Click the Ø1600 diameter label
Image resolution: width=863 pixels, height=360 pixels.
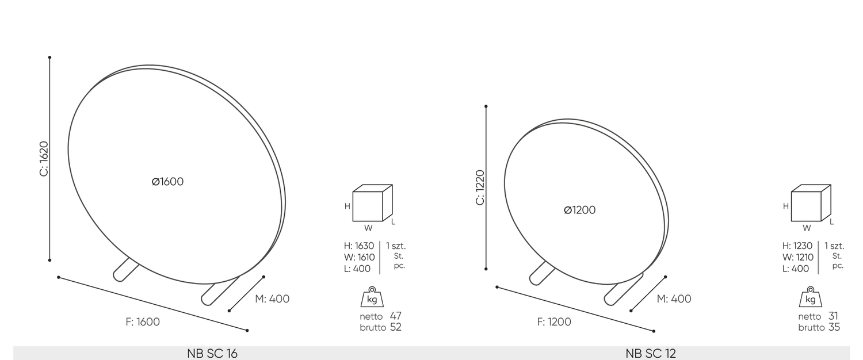coord(167,182)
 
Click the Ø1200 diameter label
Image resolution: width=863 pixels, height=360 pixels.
coord(579,210)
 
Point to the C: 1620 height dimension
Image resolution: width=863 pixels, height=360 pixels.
coord(44,159)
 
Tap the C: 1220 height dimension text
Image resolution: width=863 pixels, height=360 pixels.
coord(480,187)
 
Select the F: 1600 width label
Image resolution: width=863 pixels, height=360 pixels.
coord(143,322)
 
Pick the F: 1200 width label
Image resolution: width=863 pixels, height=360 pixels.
coord(554,322)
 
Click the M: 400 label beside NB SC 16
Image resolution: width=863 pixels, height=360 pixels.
coord(272,299)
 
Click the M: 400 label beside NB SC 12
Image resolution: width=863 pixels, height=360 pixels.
coord(674,299)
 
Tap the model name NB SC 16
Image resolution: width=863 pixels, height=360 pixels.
coord(212,354)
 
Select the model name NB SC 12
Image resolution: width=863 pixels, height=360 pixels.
coord(651,354)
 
